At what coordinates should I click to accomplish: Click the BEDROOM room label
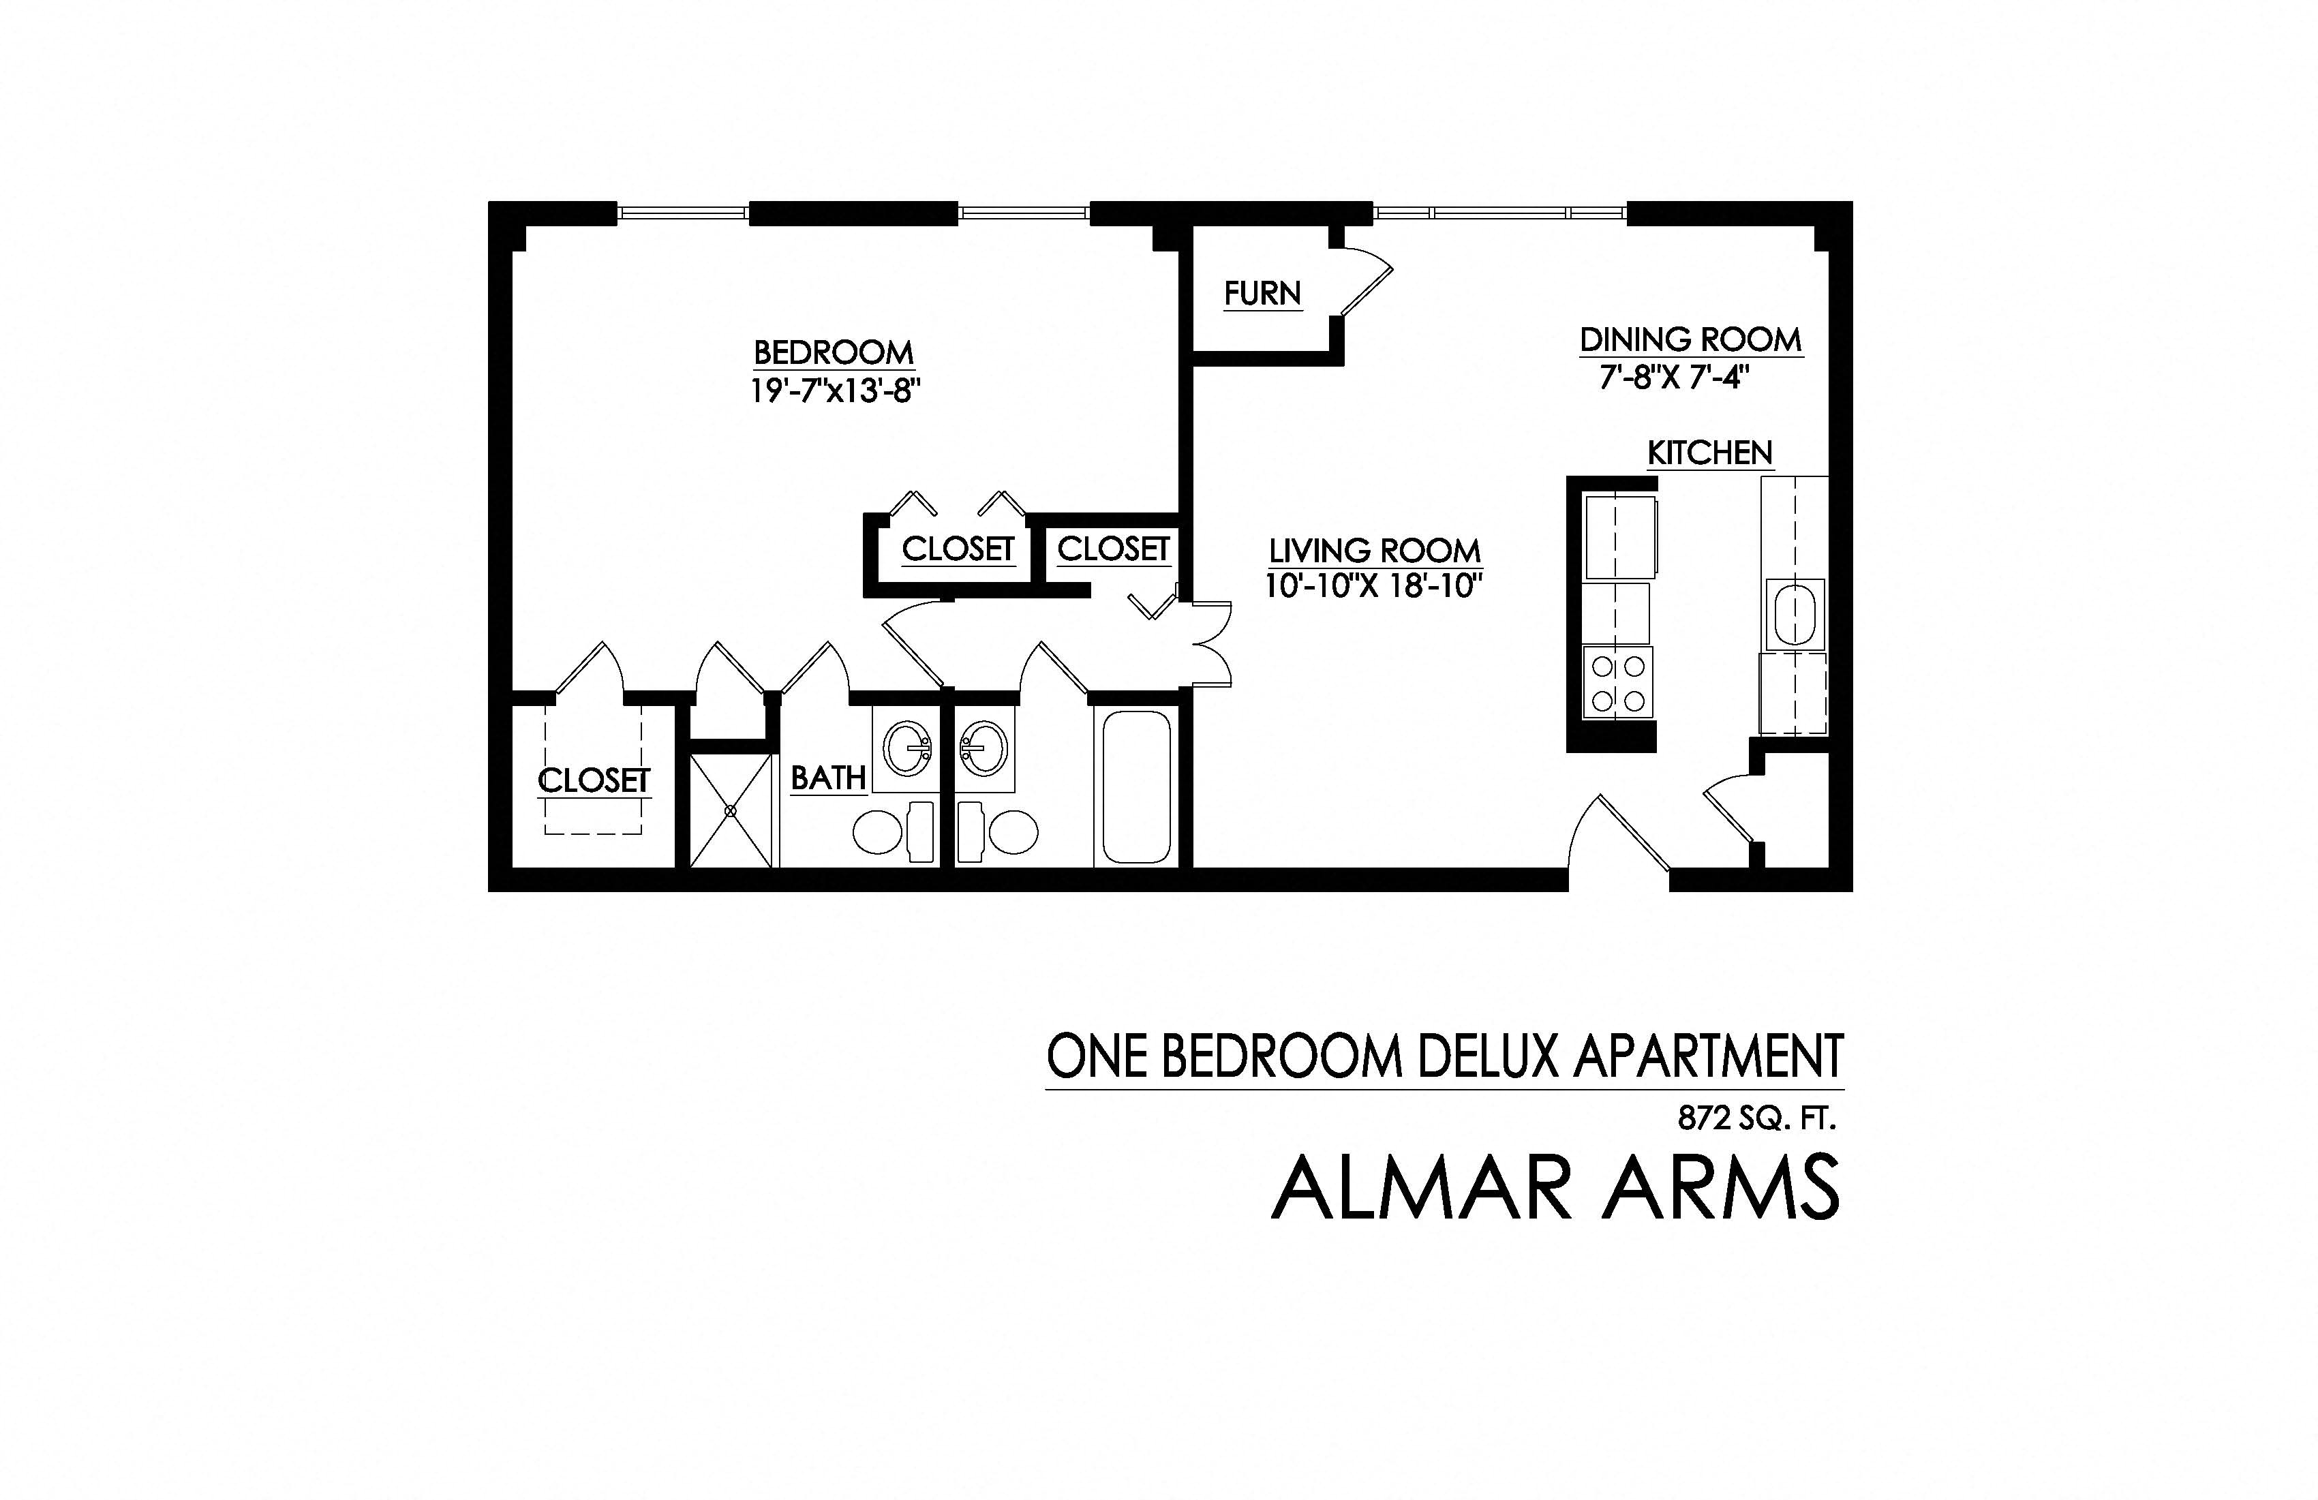click(834, 352)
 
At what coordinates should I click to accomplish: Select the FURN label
click(1262, 293)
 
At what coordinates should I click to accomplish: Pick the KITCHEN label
click(1709, 453)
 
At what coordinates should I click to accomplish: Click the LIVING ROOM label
click(1374, 551)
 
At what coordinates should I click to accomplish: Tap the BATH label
click(828, 778)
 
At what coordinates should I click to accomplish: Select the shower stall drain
click(731, 810)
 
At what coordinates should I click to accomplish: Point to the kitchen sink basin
click(1793, 615)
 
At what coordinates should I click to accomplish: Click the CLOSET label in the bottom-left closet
click(593, 780)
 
